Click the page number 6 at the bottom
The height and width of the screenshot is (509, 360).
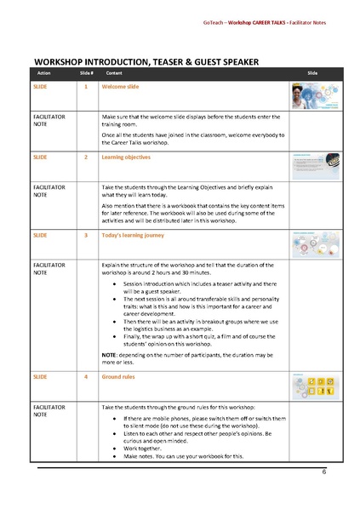pos(323,471)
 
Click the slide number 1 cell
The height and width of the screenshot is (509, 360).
pos(86,87)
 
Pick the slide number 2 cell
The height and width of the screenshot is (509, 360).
pos(86,157)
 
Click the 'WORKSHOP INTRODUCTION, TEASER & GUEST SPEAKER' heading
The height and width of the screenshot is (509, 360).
pos(146,61)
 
